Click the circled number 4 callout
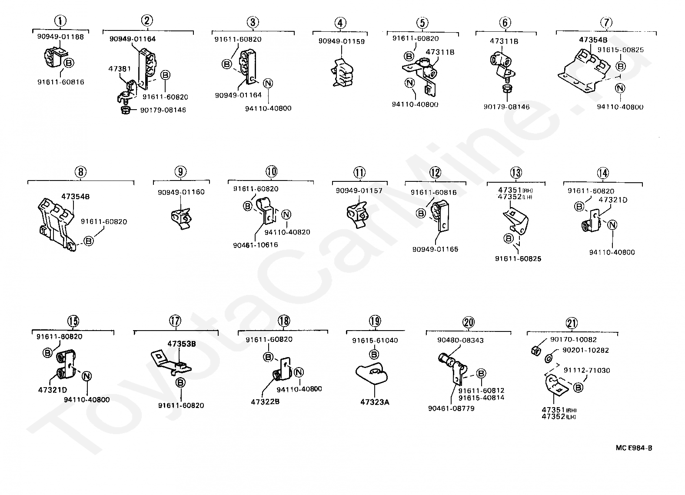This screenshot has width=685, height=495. pos(340,23)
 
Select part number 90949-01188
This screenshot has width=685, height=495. pos(60,37)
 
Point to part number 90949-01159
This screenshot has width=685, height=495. pos(341,42)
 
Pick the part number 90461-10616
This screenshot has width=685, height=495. pos(255,245)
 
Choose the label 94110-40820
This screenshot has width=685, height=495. pos(287,232)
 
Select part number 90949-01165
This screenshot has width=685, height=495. pos(435,250)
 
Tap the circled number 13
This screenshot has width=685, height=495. pos(516,173)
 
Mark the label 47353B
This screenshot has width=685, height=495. pos(182,344)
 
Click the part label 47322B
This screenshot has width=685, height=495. pos(265,402)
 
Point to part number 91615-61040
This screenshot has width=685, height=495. pos(375,341)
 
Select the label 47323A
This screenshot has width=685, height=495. pos(375,402)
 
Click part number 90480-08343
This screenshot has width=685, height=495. pos(460,341)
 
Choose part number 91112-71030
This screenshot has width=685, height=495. pos(587,371)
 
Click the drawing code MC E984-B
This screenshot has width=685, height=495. pos(633,448)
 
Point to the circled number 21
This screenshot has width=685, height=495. pos(572,323)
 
